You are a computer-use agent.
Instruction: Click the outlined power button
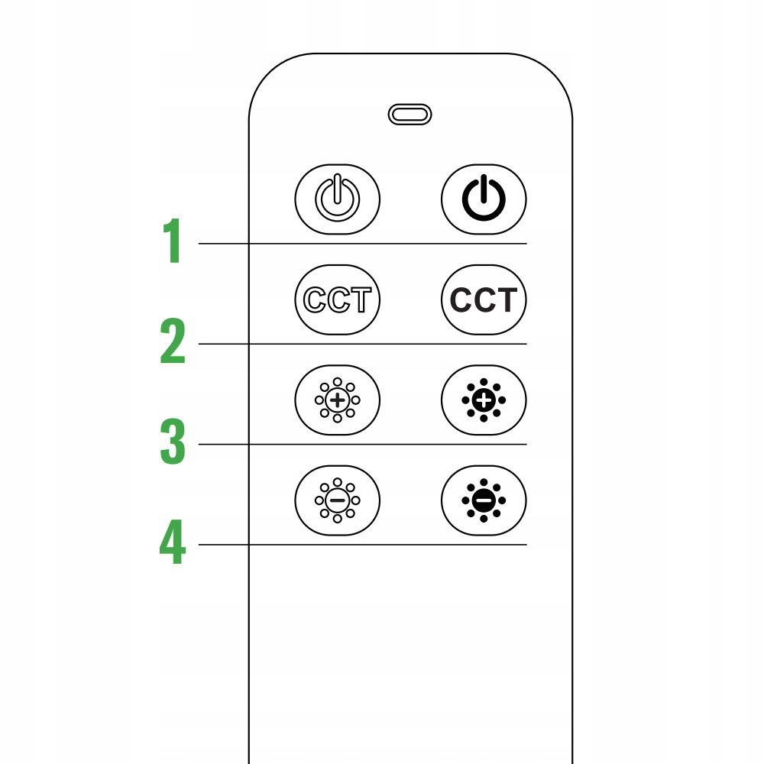point(337,199)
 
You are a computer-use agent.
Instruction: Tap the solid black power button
point(484,199)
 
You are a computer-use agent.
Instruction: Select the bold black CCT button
point(484,299)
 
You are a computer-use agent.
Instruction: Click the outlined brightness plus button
point(337,400)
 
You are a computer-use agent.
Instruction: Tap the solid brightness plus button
point(484,400)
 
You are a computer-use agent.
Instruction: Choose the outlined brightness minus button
point(337,500)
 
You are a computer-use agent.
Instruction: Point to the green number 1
point(173,241)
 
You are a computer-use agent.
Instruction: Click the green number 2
point(173,341)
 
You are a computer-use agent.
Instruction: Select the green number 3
point(173,441)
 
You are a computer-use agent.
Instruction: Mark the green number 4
point(173,542)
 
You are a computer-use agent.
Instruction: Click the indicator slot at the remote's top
point(410,115)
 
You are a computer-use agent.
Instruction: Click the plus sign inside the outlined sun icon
point(337,400)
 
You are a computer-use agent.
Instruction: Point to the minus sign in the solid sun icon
point(484,500)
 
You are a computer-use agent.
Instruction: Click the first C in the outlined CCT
point(315,299)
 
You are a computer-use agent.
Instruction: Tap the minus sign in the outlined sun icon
point(337,500)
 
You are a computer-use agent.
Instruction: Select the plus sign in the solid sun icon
point(484,400)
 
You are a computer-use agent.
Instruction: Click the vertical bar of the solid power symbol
point(484,189)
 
